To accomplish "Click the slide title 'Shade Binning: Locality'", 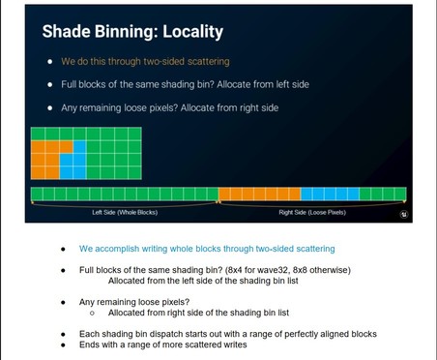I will [131, 32].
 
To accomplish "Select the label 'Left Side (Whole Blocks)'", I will [125, 212].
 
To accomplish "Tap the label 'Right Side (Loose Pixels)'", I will [311, 212].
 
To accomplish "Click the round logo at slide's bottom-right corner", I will [403, 214].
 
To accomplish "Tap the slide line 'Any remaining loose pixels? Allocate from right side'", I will [169, 107].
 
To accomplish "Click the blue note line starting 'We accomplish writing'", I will [207, 249].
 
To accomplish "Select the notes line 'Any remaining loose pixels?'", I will [134, 302].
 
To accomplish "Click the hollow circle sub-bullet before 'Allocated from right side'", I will [92, 314].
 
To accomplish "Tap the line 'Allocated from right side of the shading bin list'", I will [198, 314].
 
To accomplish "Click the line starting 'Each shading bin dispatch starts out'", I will [227, 335].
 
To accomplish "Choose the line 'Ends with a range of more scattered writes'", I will [162, 345].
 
